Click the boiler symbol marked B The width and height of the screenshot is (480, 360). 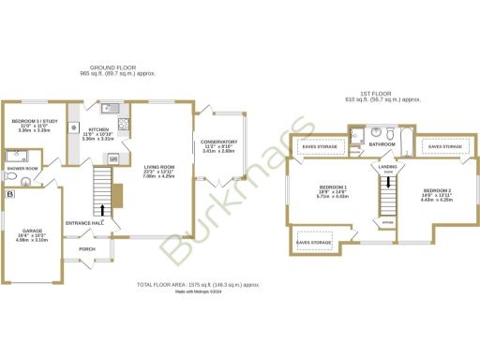tap(10, 194)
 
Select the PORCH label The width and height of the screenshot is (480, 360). tap(87, 249)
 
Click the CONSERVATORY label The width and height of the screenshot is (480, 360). tap(219, 142)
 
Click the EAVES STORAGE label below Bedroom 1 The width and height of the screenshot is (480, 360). tap(314, 243)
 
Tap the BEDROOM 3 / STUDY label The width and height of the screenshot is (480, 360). tap(32, 122)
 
